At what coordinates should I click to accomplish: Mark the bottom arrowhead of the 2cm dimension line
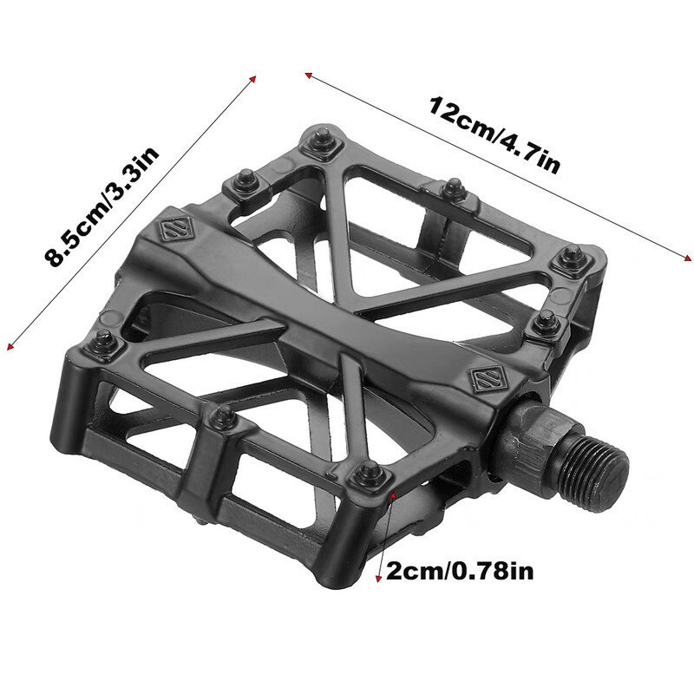click(x=378, y=579)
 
